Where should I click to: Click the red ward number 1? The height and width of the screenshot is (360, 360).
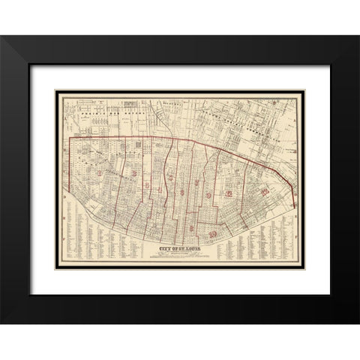pos(100,174)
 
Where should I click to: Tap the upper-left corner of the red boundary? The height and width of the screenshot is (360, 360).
pos(70,139)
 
